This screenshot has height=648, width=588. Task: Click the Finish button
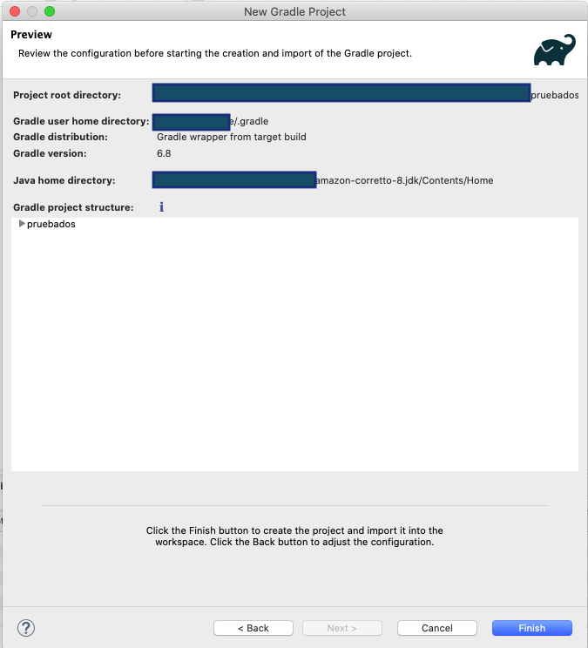tap(531, 628)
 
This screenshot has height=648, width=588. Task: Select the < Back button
tap(253, 628)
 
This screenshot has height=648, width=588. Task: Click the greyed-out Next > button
tap(341, 628)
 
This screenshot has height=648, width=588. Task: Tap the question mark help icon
tap(25, 627)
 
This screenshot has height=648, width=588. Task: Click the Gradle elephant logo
tap(555, 50)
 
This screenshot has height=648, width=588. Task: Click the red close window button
tap(15, 11)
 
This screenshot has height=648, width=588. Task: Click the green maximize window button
tap(49, 11)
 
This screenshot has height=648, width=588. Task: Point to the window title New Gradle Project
tap(294, 11)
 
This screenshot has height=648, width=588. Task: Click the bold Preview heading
tap(31, 35)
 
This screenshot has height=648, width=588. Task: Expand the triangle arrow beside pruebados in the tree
tap(22, 224)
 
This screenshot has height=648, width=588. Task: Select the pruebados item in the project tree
tap(51, 224)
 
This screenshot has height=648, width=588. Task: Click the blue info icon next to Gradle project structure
tap(161, 207)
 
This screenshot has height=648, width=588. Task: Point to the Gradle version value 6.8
tap(164, 153)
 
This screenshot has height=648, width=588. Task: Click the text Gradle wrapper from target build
tap(231, 137)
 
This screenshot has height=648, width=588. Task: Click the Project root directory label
tap(67, 95)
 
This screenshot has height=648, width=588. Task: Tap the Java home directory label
tap(64, 180)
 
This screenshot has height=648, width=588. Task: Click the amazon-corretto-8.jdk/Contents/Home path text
tap(404, 180)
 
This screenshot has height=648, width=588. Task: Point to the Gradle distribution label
tap(60, 137)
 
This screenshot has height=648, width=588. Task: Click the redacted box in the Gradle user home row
tap(191, 121)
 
